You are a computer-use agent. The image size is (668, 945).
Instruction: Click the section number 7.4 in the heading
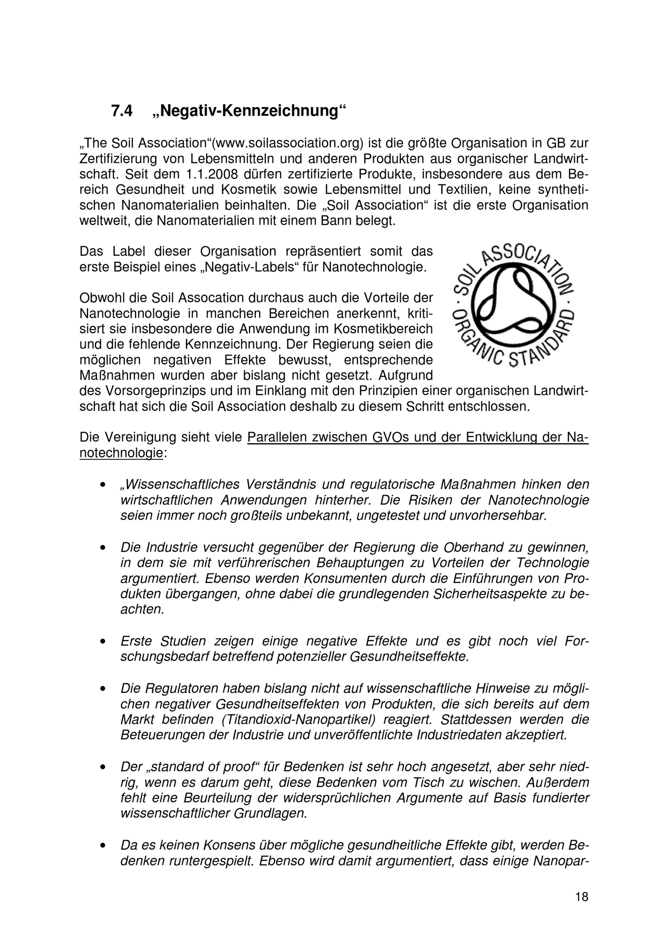tap(122, 111)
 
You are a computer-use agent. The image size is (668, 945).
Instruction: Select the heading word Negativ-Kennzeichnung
tap(249, 111)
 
